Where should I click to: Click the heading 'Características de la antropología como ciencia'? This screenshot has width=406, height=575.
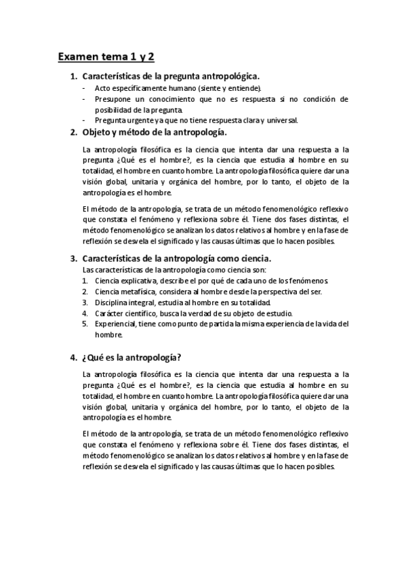coord(176,258)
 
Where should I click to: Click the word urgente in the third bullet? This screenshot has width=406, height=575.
coord(138,120)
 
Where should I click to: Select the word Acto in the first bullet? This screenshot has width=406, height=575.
coord(102,87)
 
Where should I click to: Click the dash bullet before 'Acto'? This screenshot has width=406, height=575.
coord(84,87)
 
